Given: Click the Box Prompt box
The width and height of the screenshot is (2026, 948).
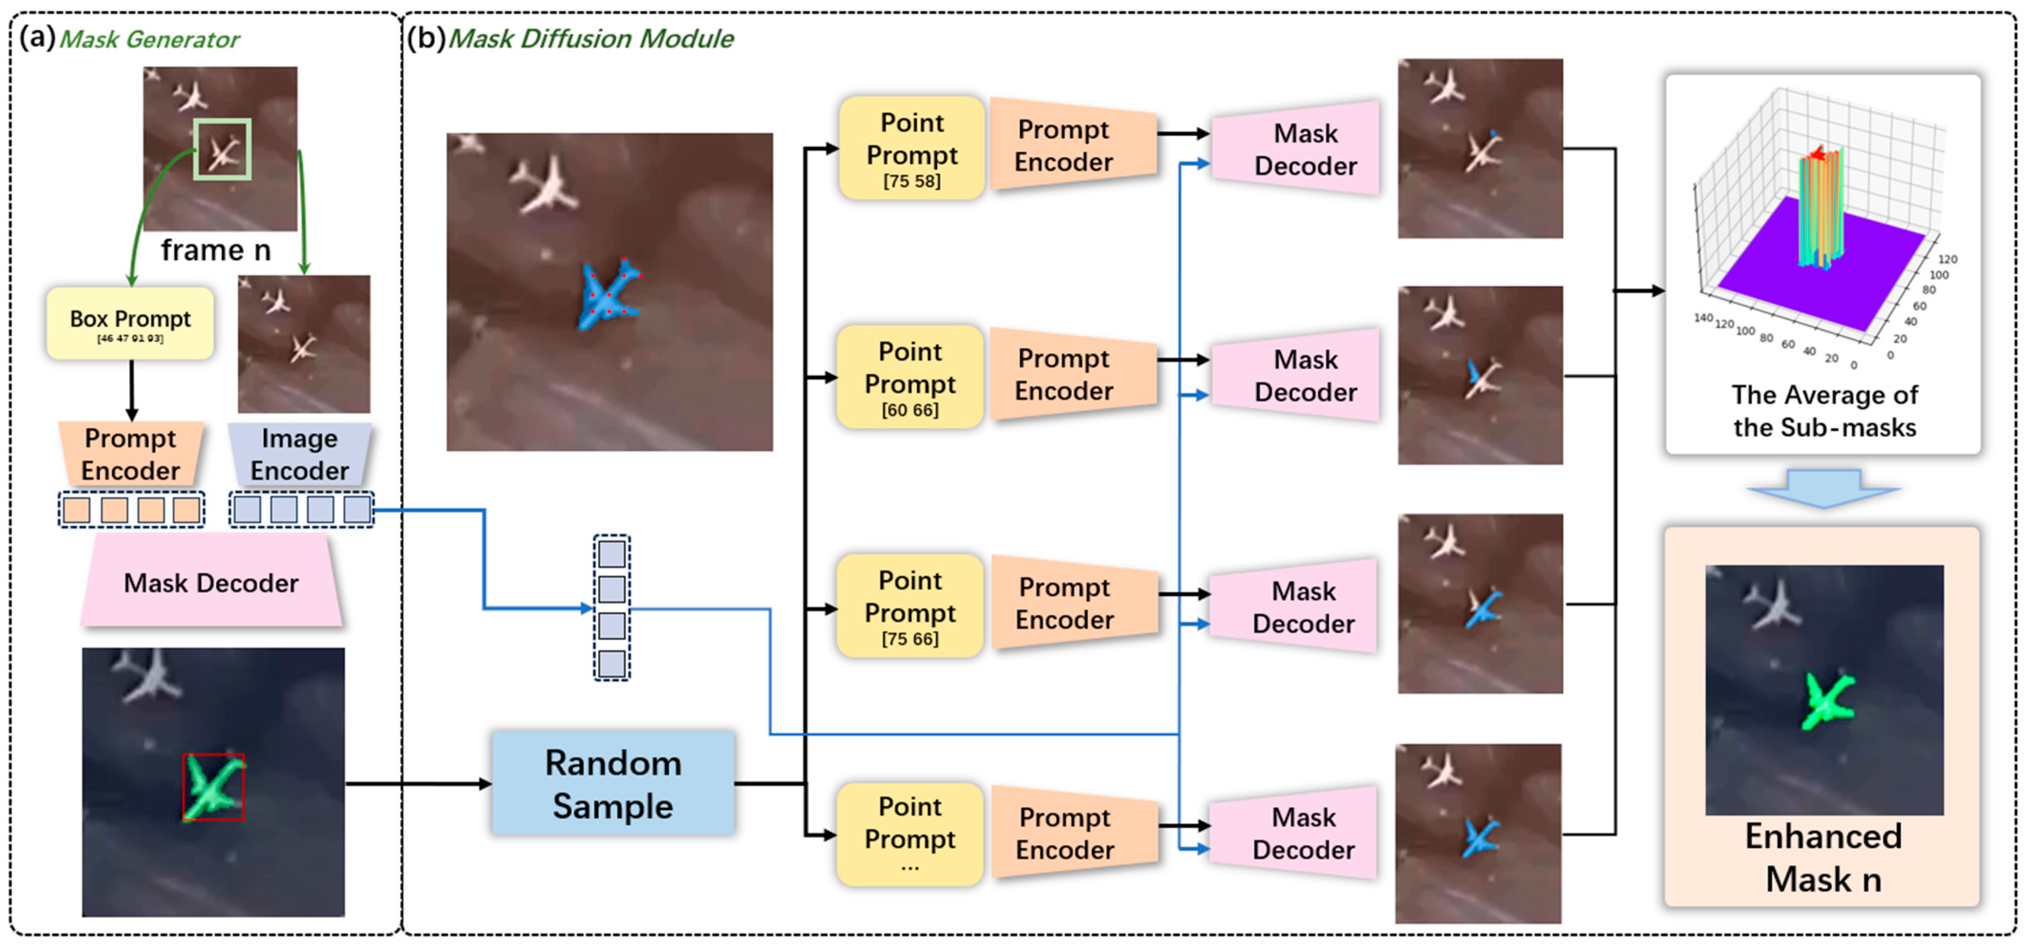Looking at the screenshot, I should coord(130,323).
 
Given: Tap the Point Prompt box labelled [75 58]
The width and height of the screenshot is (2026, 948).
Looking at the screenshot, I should coord(912,148).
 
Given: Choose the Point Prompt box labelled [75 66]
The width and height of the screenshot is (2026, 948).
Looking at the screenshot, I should coord(910,605).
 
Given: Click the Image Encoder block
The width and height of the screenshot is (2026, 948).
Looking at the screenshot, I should coord(300,454).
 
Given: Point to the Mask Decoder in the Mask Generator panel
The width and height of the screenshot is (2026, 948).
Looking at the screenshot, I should coord(211,583).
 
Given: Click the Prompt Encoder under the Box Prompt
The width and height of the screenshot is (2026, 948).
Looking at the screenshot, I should coord(130,454).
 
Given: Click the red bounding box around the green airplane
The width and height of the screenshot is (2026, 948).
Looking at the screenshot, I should coord(213,787).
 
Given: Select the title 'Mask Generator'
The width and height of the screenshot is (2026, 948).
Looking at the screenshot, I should coord(149,39).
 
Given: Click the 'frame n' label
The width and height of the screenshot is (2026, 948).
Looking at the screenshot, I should coord(215,250).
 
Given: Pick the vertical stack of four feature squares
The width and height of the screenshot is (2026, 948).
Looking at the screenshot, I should coord(612,608).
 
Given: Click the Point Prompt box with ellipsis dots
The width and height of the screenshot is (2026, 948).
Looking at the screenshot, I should coord(910,834).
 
